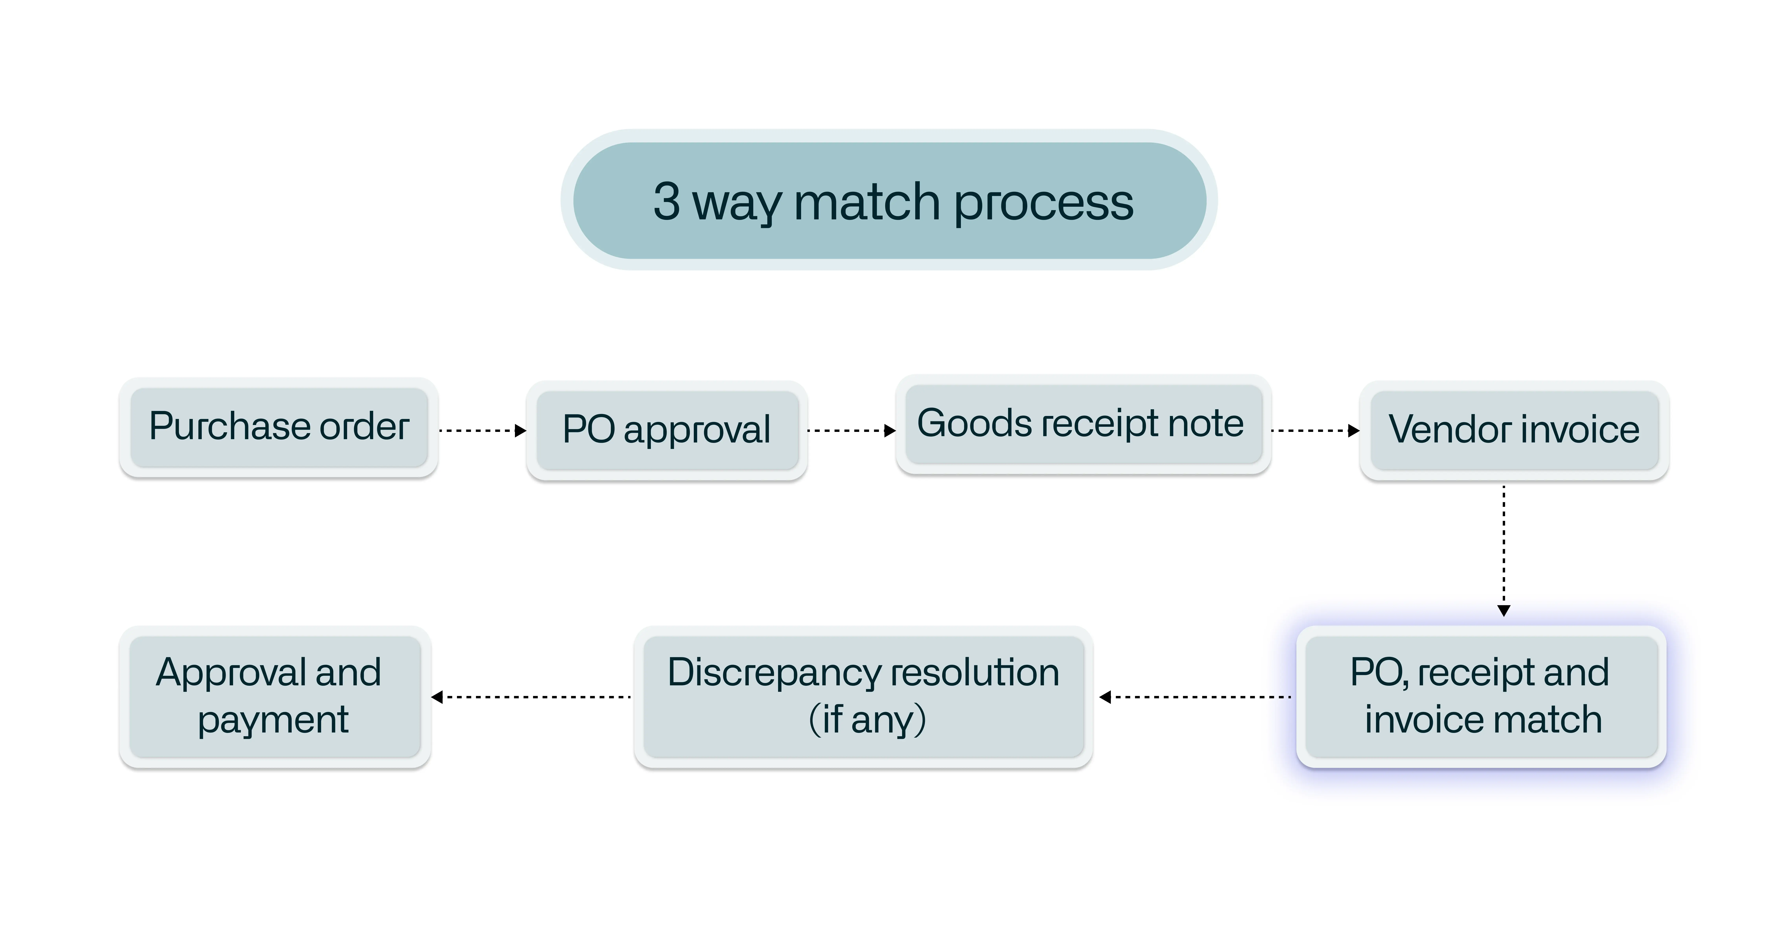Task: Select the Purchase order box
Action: point(279,427)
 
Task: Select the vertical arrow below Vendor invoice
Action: point(1504,550)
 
